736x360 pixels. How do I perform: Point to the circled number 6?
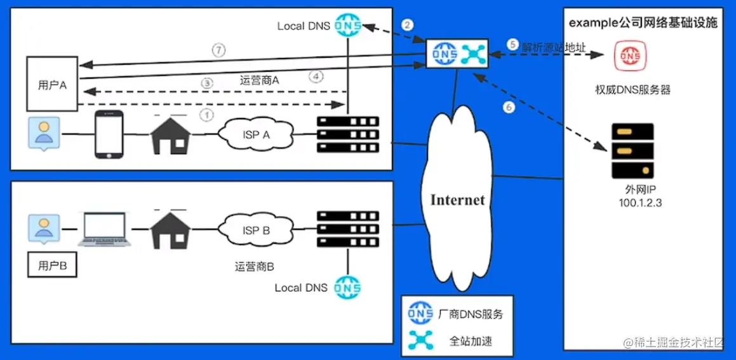tap(508, 108)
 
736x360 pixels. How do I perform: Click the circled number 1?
tap(206, 115)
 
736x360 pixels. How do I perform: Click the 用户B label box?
tap(52, 266)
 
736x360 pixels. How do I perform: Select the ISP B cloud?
tap(253, 230)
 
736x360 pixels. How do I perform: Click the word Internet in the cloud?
tap(457, 200)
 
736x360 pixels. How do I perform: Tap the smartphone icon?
tap(108, 135)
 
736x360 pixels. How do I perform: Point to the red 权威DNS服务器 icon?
tap(629, 55)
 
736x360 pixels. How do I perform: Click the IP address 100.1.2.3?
tap(642, 201)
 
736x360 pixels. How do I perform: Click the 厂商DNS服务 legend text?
tap(471, 314)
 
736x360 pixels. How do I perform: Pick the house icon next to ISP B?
tap(170, 229)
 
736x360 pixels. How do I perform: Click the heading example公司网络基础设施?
tap(643, 23)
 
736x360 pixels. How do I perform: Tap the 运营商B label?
tap(254, 267)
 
